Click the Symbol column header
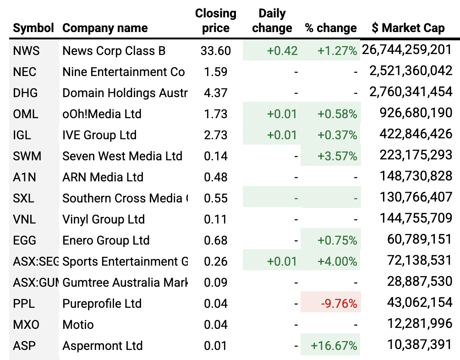(x=33, y=28)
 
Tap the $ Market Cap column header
(x=408, y=28)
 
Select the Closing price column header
(x=216, y=21)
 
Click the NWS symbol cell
(x=27, y=51)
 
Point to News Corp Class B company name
(x=114, y=51)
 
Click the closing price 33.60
(x=215, y=51)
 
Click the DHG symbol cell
(x=26, y=93)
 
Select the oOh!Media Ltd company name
(x=102, y=114)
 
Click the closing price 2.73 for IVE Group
(x=215, y=135)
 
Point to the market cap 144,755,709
(x=416, y=218)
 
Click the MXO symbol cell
(x=27, y=325)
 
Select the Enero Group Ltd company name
(x=106, y=240)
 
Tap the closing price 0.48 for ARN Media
(x=215, y=177)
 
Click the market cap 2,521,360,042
(x=411, y=71)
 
